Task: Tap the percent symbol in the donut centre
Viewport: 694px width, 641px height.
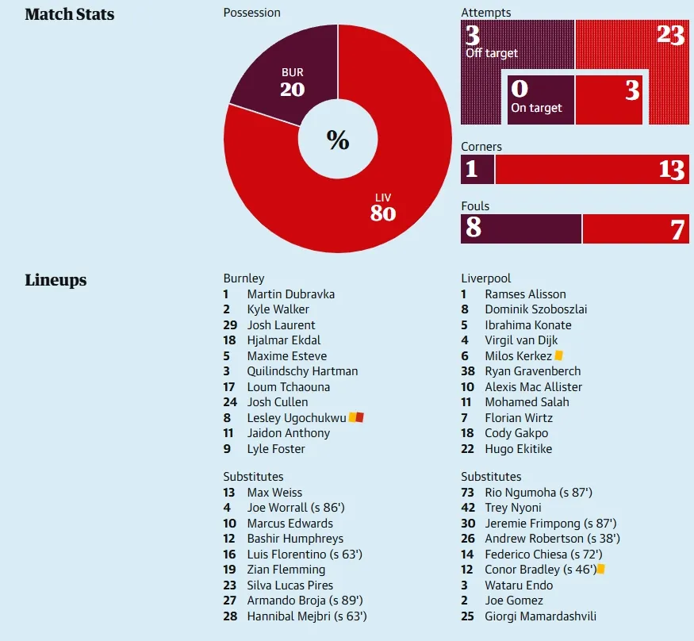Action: (338, 140)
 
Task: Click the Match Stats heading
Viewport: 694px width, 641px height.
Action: (70, 14)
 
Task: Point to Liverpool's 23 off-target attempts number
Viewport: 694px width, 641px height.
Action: (670, 35)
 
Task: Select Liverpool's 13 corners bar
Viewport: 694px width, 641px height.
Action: (591, 169)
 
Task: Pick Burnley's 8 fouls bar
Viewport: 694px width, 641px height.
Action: (521, 228)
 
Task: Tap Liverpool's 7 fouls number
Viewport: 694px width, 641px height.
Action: (677, 229)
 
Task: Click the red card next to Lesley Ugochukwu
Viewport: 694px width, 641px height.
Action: (359, 417)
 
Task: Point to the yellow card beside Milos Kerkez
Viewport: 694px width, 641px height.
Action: (558, 356)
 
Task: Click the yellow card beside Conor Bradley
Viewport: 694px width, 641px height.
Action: (601, 569)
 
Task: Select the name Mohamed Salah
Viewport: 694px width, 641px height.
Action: (527, 402)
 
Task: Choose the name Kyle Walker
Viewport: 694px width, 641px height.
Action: (278, 309)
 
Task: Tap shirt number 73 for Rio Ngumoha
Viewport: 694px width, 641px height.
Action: (469, 492)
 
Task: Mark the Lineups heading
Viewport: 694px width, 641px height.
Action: (56, 280)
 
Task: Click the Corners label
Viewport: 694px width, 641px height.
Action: (481, 147)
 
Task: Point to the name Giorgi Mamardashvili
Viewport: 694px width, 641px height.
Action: (540, 616)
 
